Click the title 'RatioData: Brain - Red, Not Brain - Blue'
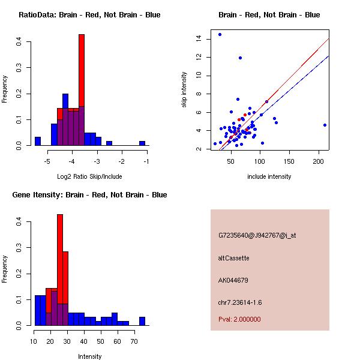tap(89, 15)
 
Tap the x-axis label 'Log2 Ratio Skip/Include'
tap(89, 176)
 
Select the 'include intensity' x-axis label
tap(269, 176)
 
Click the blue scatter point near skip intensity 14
tap(220, 35)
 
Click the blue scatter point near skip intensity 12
tap(240, 58)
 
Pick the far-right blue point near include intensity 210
tap(325, 125)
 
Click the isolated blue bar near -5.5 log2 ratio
tap(37, 142)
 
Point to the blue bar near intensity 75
tap(142, 321)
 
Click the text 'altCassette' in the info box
tap(234, 258)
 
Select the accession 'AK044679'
tap(233, 280)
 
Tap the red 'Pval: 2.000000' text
tap(240, 319)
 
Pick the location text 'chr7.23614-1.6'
tap(240, 302)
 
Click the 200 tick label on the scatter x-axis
tap(319, 161)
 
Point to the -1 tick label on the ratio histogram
tap(146, 161)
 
